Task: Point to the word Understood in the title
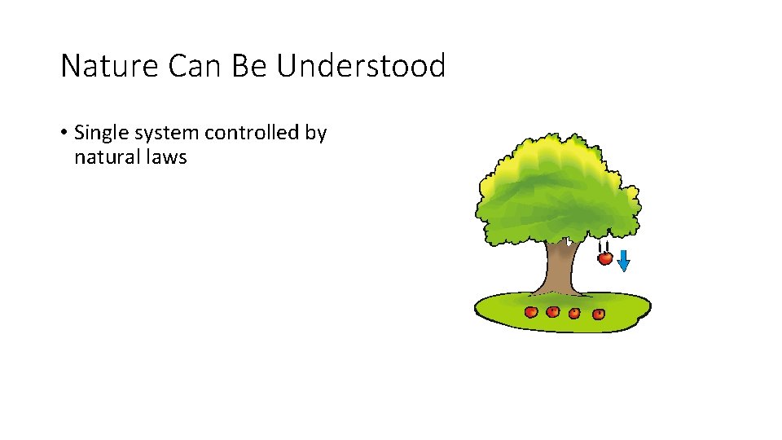[361, 66]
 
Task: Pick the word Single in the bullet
[99, 133]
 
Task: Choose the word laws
[165, 157]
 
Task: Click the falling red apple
[604, 258]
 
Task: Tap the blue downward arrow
[623, 260]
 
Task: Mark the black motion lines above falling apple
[603, 246]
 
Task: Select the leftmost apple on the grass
[531, 311]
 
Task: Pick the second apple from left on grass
[553, 311]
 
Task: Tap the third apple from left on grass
[575, 313]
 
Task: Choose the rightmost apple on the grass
[599, 313]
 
